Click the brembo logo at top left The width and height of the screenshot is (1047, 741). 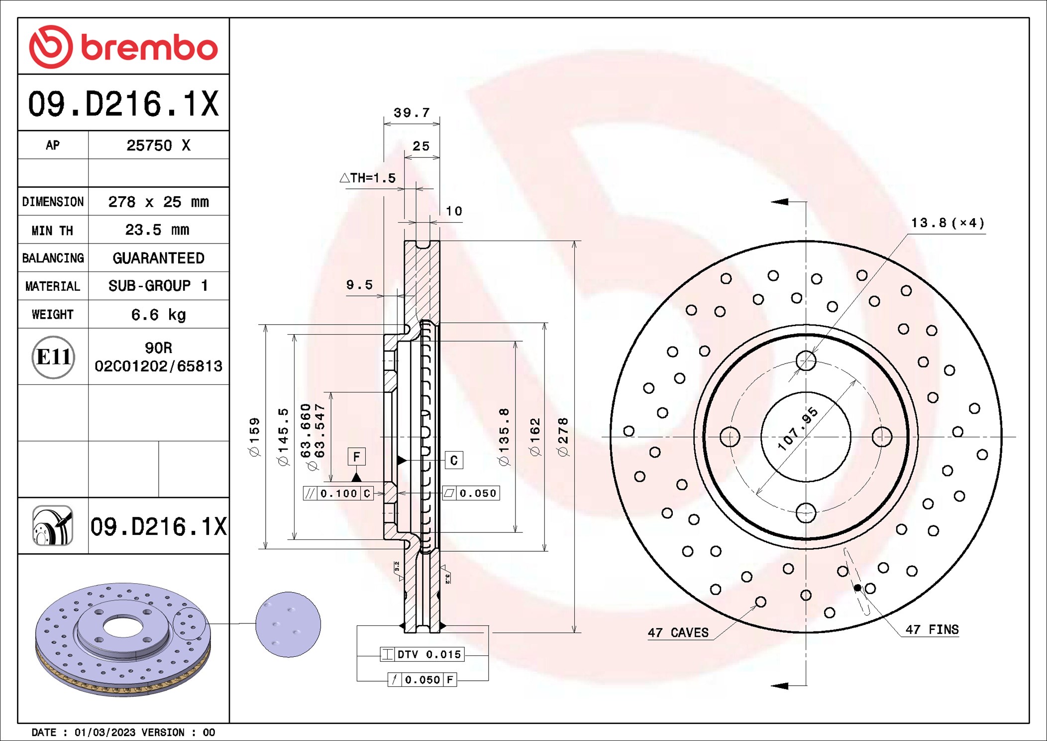(123, 47)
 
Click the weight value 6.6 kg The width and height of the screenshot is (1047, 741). (158, 315)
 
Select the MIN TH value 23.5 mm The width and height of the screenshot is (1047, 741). (157, 230)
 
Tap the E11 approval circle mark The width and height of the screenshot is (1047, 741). (53, 357)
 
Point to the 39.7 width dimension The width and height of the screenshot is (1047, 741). (412, 113)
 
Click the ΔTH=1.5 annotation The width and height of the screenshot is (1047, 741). (368, 178)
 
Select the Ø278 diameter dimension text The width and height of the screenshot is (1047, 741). (563, 437)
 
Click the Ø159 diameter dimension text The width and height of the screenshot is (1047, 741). (254, 437)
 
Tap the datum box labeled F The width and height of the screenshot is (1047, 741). (356, 456)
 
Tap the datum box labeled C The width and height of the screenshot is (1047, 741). (454, 460)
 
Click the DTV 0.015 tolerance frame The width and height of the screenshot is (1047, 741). (422, 654)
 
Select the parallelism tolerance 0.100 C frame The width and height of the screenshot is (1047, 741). (338, 494)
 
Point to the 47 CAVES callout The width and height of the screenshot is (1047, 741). (678, 632)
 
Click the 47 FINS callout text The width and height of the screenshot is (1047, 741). (932, 629)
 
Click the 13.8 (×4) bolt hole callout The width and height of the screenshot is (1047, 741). (947, 223)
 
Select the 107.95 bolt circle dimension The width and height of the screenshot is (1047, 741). (798, 429)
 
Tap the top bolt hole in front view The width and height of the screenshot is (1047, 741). (806, 361)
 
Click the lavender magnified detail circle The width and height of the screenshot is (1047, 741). (288, 624)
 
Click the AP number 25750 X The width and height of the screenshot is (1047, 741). (158, 145)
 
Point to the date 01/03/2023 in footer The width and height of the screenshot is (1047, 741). (105, 732)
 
